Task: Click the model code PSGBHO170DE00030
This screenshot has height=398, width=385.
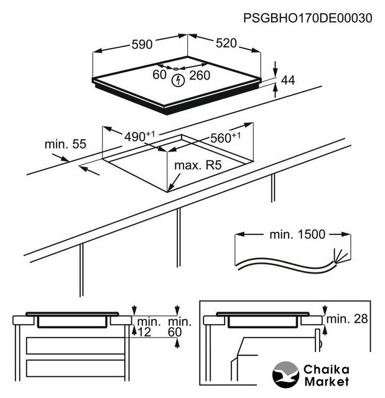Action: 309,18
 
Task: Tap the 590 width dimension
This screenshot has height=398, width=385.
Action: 142,45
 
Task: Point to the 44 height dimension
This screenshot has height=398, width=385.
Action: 287,80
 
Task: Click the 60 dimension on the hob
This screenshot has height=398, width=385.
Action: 159,75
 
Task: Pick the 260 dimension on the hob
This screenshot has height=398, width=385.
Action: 199,75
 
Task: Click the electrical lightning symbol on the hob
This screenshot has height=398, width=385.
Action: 179,80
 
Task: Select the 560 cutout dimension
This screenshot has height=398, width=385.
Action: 225,138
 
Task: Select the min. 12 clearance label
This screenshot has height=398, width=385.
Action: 149,326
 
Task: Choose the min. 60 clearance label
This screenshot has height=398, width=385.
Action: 180,326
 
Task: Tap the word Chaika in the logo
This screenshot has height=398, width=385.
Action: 327,369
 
